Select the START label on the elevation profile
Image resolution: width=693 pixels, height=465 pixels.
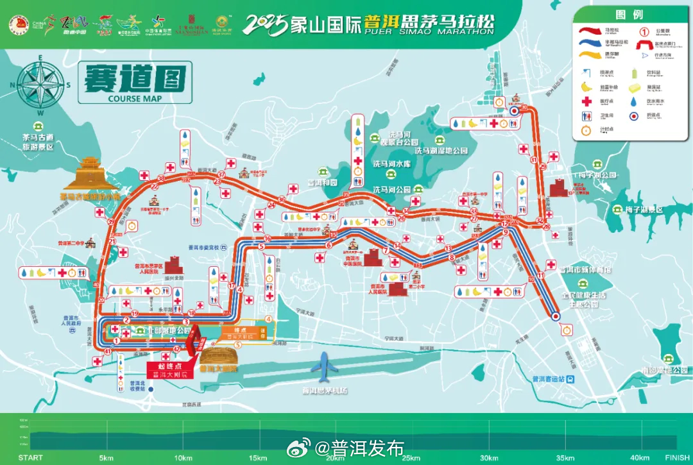pos(31,457)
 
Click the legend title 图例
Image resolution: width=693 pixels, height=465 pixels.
pos(628,14)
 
